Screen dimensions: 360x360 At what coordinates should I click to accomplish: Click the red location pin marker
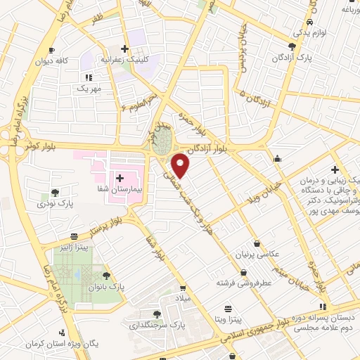click(181, 166)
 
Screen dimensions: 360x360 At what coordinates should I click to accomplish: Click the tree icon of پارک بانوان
click(106, 276)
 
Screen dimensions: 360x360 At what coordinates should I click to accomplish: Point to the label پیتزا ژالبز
click(74, 247)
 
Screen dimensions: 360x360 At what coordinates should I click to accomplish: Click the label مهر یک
click(89, 89)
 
